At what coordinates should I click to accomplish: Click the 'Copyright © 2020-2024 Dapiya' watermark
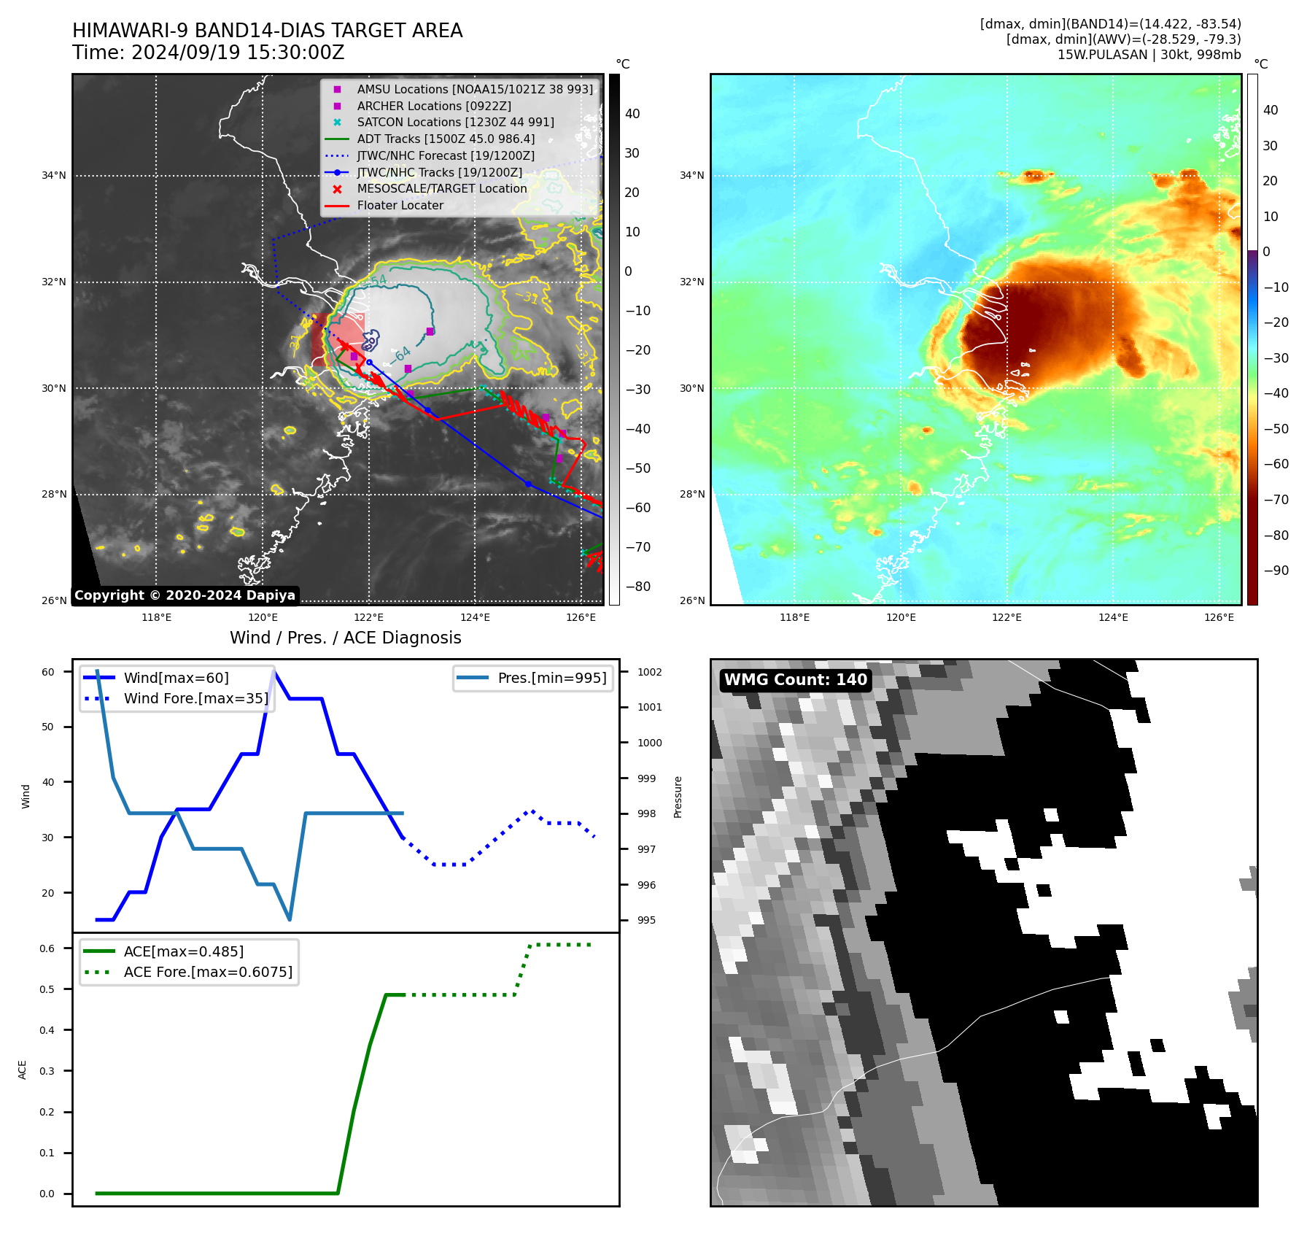tap(185, 595)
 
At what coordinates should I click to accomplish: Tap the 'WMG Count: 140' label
tap(795, 680)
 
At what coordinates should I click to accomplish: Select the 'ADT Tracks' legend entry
tap(445, 139)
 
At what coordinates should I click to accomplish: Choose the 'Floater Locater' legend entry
tap(400, 206)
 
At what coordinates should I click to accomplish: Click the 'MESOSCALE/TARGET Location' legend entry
tap(441, 189)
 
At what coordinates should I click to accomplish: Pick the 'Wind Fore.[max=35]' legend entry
tap(195, 699)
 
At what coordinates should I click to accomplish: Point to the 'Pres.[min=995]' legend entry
tap(551, 679)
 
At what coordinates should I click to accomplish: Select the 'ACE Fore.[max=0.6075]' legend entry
tap(208, 973)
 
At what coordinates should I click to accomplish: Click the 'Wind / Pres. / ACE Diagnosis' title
tap(345, 638)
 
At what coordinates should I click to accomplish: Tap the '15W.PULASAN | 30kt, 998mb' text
tap(1149, 55)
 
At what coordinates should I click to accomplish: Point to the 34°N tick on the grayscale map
tap(54, 176)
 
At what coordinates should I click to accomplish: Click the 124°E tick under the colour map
tap(1113, 618)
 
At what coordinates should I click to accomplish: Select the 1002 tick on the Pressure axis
tap(649, 672)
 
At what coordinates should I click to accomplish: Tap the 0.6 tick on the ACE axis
tap(47, 948)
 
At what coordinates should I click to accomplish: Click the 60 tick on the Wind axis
tap(48, 672)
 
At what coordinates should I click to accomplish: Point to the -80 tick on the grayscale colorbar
tap(638, 587)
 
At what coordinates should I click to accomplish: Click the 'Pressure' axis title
tap(678, 797)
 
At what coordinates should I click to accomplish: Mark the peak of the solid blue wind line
tap(274, 671)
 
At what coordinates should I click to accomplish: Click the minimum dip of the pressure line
tap(290, 919)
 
